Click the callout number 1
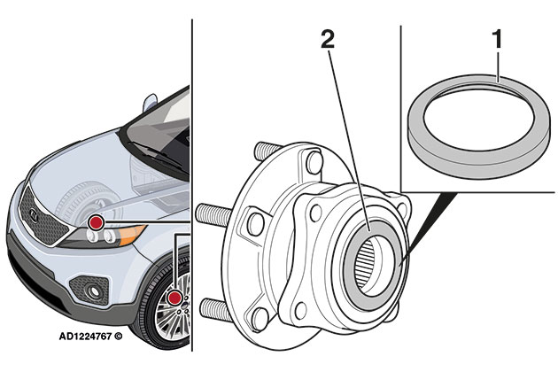coord(498,41)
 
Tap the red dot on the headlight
coord(95,219)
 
